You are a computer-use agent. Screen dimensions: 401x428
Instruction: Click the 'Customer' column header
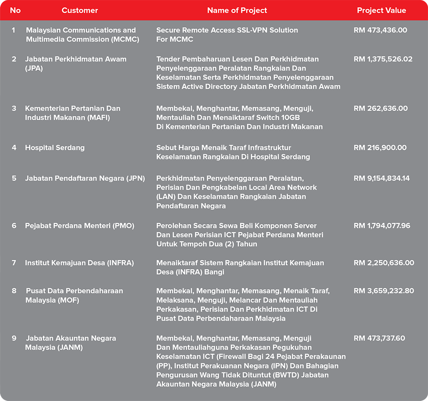(80, 10)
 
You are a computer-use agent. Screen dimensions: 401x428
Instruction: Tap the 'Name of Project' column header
(237, 10)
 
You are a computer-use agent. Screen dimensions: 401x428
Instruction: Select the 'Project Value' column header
(381, 10)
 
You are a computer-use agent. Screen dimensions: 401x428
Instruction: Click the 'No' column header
(15, 10)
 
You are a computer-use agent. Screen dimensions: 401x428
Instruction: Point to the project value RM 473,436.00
(380, 30)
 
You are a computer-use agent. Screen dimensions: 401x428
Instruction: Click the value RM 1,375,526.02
(383, 59)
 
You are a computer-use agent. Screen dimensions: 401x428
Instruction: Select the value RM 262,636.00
(380, 108)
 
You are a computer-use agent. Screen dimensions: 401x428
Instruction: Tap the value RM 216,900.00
(380, 148)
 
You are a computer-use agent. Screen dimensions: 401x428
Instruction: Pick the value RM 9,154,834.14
(382, 178)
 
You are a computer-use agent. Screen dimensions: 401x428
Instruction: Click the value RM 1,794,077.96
(382, 226)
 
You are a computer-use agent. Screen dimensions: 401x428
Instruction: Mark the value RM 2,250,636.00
(383, 263)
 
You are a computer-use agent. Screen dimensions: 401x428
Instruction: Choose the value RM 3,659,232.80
(383, 291)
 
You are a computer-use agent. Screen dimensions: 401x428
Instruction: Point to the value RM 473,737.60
(379, 338)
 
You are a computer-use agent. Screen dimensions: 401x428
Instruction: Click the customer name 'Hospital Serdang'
(55, 148)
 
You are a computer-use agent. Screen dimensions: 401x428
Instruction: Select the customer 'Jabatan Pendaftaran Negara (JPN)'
(85, 178)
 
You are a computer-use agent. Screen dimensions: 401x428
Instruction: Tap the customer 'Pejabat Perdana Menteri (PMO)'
(79, 226)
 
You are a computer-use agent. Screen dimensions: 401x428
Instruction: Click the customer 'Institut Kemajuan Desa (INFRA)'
(79, 263)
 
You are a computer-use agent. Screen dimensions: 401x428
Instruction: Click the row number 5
(14, 178)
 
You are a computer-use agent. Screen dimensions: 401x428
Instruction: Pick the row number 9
(14, 338)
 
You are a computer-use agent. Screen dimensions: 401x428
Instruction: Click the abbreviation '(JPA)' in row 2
(34, 68)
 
